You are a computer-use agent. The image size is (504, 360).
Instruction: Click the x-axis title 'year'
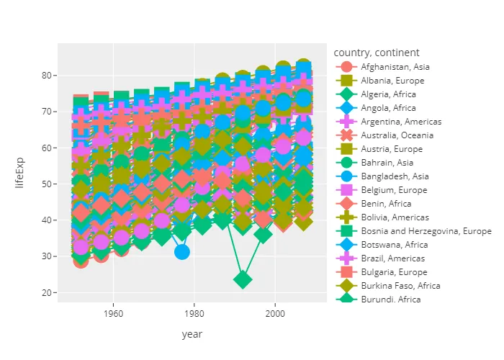coord(192,334)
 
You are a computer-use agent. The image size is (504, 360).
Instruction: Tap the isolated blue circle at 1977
coord(182,251)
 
